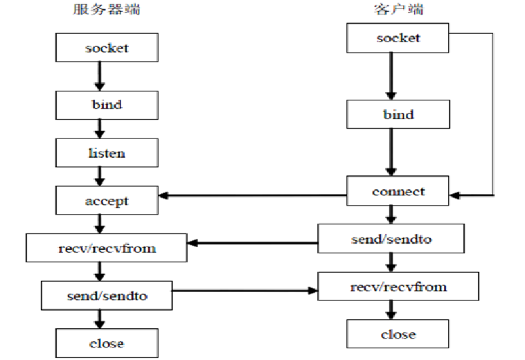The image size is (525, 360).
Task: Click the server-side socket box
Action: tap(107, 48)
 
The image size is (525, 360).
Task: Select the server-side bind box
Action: tap(107, 105)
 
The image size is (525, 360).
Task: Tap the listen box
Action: tap(107, 152)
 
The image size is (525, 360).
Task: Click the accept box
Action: tap(107, 201)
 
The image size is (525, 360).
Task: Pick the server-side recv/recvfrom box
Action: tap(107, 248)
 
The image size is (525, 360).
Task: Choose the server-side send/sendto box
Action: tap(107, 296)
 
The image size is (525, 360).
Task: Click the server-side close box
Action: tap(107, 343)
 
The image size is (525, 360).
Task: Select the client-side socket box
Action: tap(398, 37)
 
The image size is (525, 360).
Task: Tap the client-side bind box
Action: tap(398, 114)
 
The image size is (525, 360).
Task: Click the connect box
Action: tap(398, 190)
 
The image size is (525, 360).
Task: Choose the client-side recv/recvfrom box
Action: tap(398, 286)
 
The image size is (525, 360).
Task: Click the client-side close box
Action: tap(398, 334)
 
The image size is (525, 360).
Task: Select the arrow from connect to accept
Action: tap(253, 195)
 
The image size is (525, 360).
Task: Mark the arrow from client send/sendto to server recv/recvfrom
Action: tap(253, 243)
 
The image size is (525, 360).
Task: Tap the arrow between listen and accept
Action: tap(100, 177)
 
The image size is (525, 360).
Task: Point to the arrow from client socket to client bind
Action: tap(391, 76)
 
